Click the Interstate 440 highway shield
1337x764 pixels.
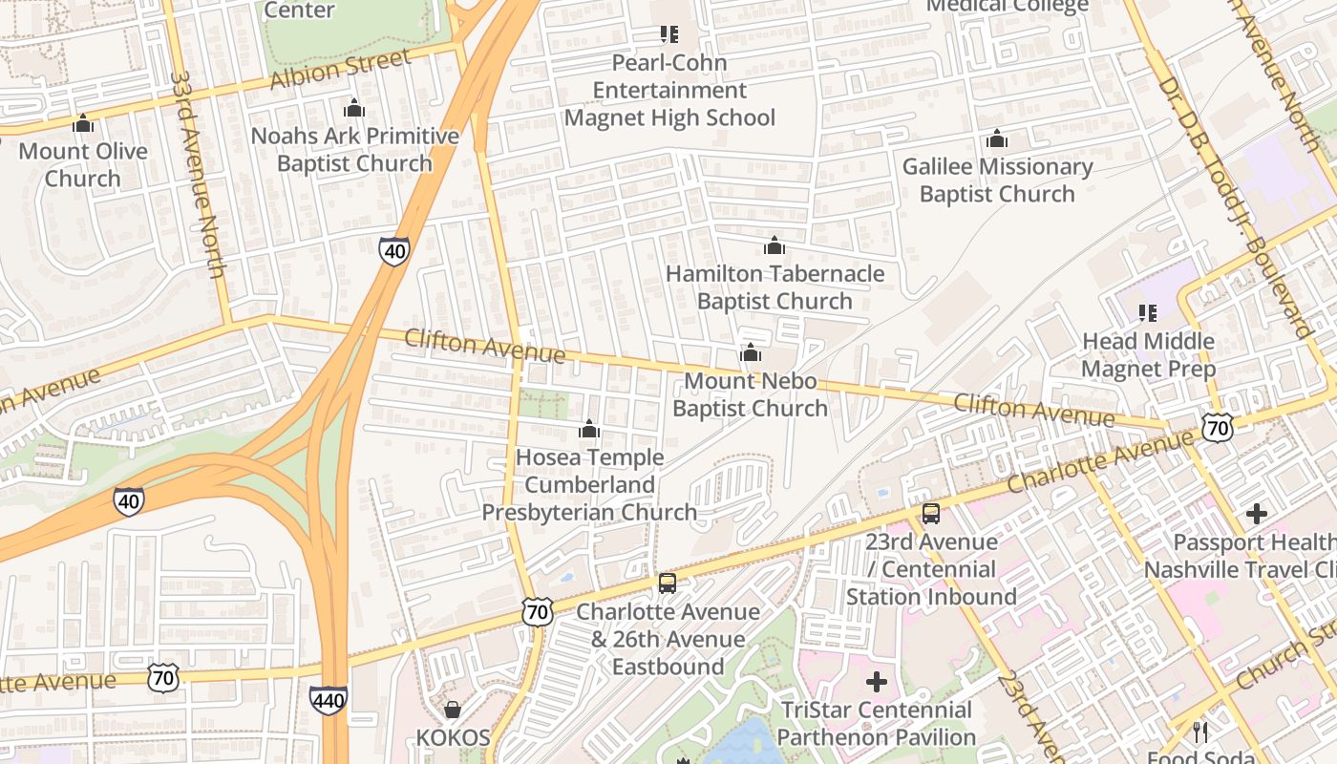328,699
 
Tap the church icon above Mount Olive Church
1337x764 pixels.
83,123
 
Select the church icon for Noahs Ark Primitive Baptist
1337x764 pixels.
354,108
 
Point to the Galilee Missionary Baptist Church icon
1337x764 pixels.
997,139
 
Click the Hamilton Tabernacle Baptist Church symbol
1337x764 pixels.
775,246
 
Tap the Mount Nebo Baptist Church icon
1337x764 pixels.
751,353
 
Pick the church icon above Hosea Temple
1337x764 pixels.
589,429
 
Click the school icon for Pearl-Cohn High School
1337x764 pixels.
669,35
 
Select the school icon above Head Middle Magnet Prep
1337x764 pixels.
1148,313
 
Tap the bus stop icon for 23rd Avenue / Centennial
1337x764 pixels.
931,514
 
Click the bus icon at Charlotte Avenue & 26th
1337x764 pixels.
668,584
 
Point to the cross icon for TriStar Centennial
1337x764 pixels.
876,682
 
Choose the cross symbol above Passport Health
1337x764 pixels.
1257,514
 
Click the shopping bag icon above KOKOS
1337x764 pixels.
453,710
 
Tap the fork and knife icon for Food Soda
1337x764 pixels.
1200,732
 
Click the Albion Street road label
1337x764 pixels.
340,69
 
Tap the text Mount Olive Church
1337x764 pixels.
83,164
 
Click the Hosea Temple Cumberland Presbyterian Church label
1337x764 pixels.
589,484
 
